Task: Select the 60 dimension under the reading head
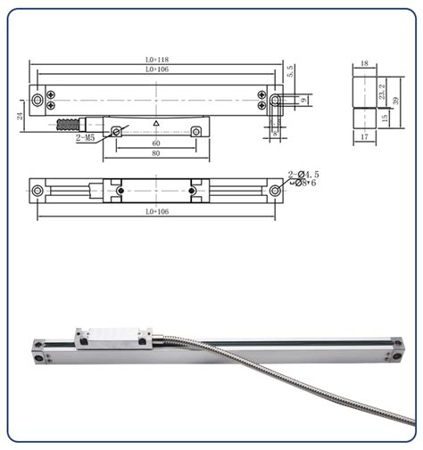point(156,143)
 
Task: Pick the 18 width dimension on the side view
point(364,64)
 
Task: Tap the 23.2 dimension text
point(383,91)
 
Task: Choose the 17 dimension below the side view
point(364,137)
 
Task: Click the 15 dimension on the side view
point(385,118)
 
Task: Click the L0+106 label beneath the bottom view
point(157,212)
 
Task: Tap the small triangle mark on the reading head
point(157,122)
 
